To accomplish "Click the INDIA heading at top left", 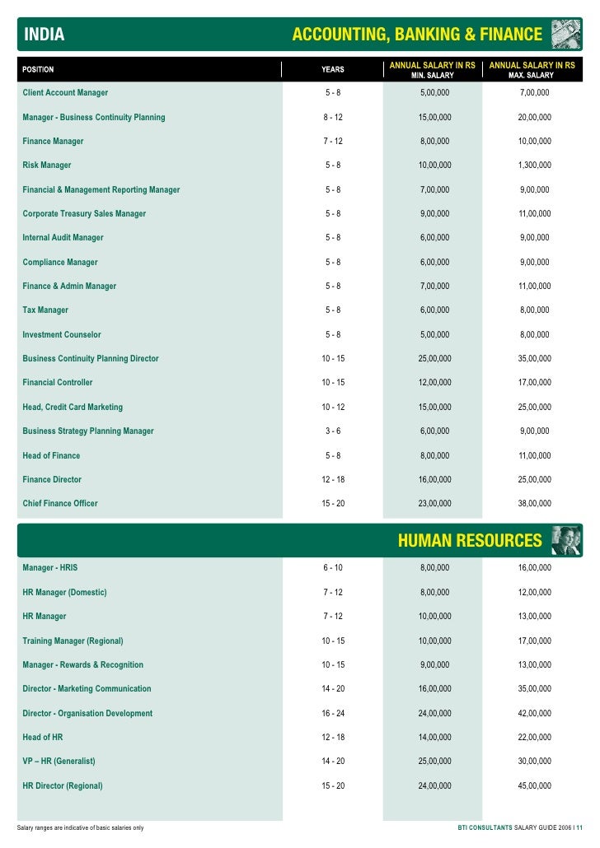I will point(45,35).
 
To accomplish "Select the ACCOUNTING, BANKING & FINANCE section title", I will point(417,35).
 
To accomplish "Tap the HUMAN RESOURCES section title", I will point(470,541).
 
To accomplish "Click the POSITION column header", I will point(38,69).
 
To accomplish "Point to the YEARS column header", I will point(333,69).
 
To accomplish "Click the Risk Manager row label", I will point(47,165).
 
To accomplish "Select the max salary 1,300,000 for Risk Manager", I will point(534,165).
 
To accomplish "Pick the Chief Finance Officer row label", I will point(60,504).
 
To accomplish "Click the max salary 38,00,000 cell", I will point(534,504).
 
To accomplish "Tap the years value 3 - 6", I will point(333,431).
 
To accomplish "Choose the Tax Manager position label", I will point(45,310).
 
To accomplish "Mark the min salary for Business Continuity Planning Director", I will point(434,359).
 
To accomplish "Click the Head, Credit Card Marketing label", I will point(73,408).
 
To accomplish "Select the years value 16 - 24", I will point(333,714).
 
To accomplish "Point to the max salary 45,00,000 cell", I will point(534,786).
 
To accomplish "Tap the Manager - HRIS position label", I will point(50,568).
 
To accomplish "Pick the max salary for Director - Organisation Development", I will point(534,714).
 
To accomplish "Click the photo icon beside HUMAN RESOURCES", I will point(566,540).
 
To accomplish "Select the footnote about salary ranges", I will point(81,827).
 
